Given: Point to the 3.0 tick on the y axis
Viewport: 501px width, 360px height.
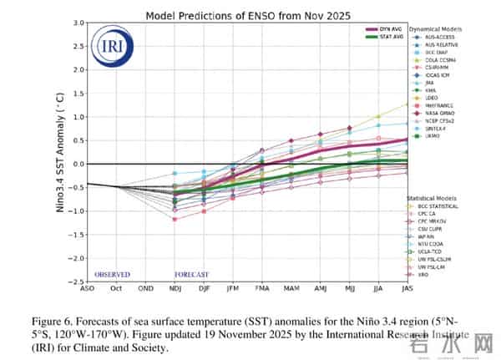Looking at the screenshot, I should pos(78,23).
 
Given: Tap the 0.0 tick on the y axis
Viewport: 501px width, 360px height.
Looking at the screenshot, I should pos(78,165).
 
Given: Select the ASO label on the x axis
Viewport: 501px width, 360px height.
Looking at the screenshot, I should pos(88,289).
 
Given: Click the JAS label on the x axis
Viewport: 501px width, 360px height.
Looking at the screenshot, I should pos(406,289).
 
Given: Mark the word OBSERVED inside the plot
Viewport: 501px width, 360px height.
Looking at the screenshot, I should pos(112,274).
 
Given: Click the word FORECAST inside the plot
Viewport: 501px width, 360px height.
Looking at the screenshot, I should pos(191,274).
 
